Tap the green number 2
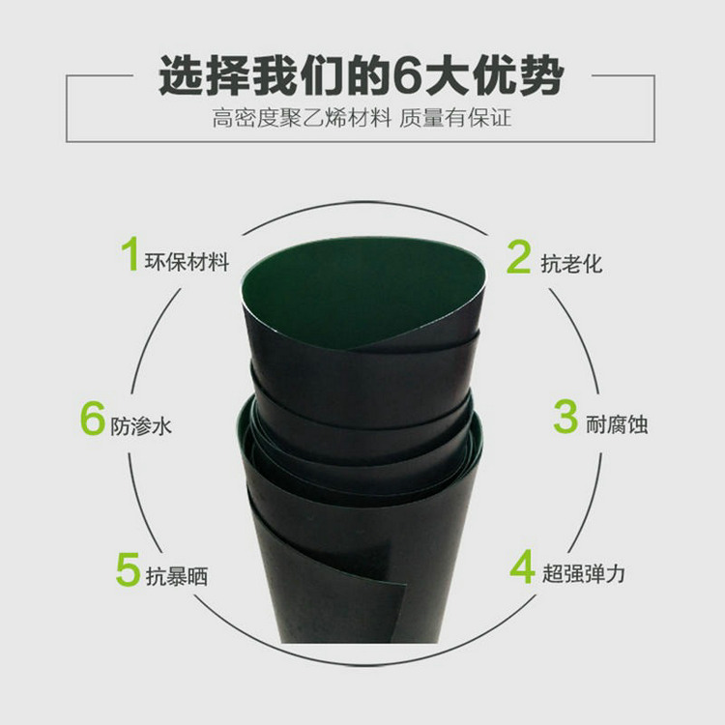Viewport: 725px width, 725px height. coord(520,257)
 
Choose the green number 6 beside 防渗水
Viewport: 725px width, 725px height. coord(92,420)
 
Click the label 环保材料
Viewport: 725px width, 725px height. coord(187,261)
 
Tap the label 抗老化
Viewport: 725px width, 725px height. coord(571,263)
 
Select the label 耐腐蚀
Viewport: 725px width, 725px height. coord(616,423)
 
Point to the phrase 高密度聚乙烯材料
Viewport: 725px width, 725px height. coord(303,121)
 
